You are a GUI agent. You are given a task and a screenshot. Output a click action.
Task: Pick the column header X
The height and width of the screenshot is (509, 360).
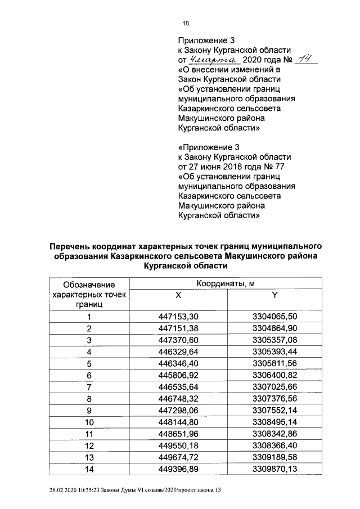(x=178, y=295)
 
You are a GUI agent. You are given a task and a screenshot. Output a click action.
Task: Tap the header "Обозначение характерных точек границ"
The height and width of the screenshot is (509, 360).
(x=89, y=295)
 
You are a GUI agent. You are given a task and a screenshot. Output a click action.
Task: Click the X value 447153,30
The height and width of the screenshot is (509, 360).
(x=178, y=317)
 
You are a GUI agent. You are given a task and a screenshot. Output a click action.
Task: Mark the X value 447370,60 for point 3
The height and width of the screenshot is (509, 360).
(x=178, y=340)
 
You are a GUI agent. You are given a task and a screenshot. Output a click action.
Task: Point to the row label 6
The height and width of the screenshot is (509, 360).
(x=89, y=375)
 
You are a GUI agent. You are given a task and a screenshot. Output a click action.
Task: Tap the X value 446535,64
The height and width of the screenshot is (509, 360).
(x=178, y=387)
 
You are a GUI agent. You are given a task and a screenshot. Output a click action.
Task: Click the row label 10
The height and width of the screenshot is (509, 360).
(x=89, y=422)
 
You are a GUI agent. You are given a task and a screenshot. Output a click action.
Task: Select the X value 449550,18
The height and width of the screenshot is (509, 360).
(x=178, y=445)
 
